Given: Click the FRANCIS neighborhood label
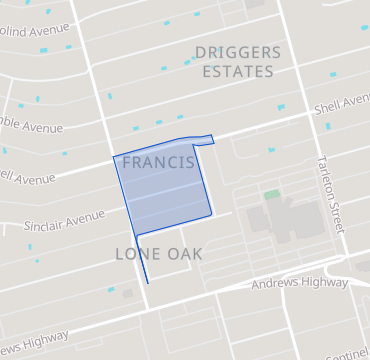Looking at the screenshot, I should point(157,162).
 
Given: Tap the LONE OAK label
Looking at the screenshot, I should point(158,254).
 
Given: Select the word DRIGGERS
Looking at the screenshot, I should point(236,52).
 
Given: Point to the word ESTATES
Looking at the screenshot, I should point(237,72).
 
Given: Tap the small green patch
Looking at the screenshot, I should point(271,194).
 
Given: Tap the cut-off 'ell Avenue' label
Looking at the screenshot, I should point(27,178).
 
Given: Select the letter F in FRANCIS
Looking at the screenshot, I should point(127,162).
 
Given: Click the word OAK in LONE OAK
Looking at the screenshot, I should point(184,254).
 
